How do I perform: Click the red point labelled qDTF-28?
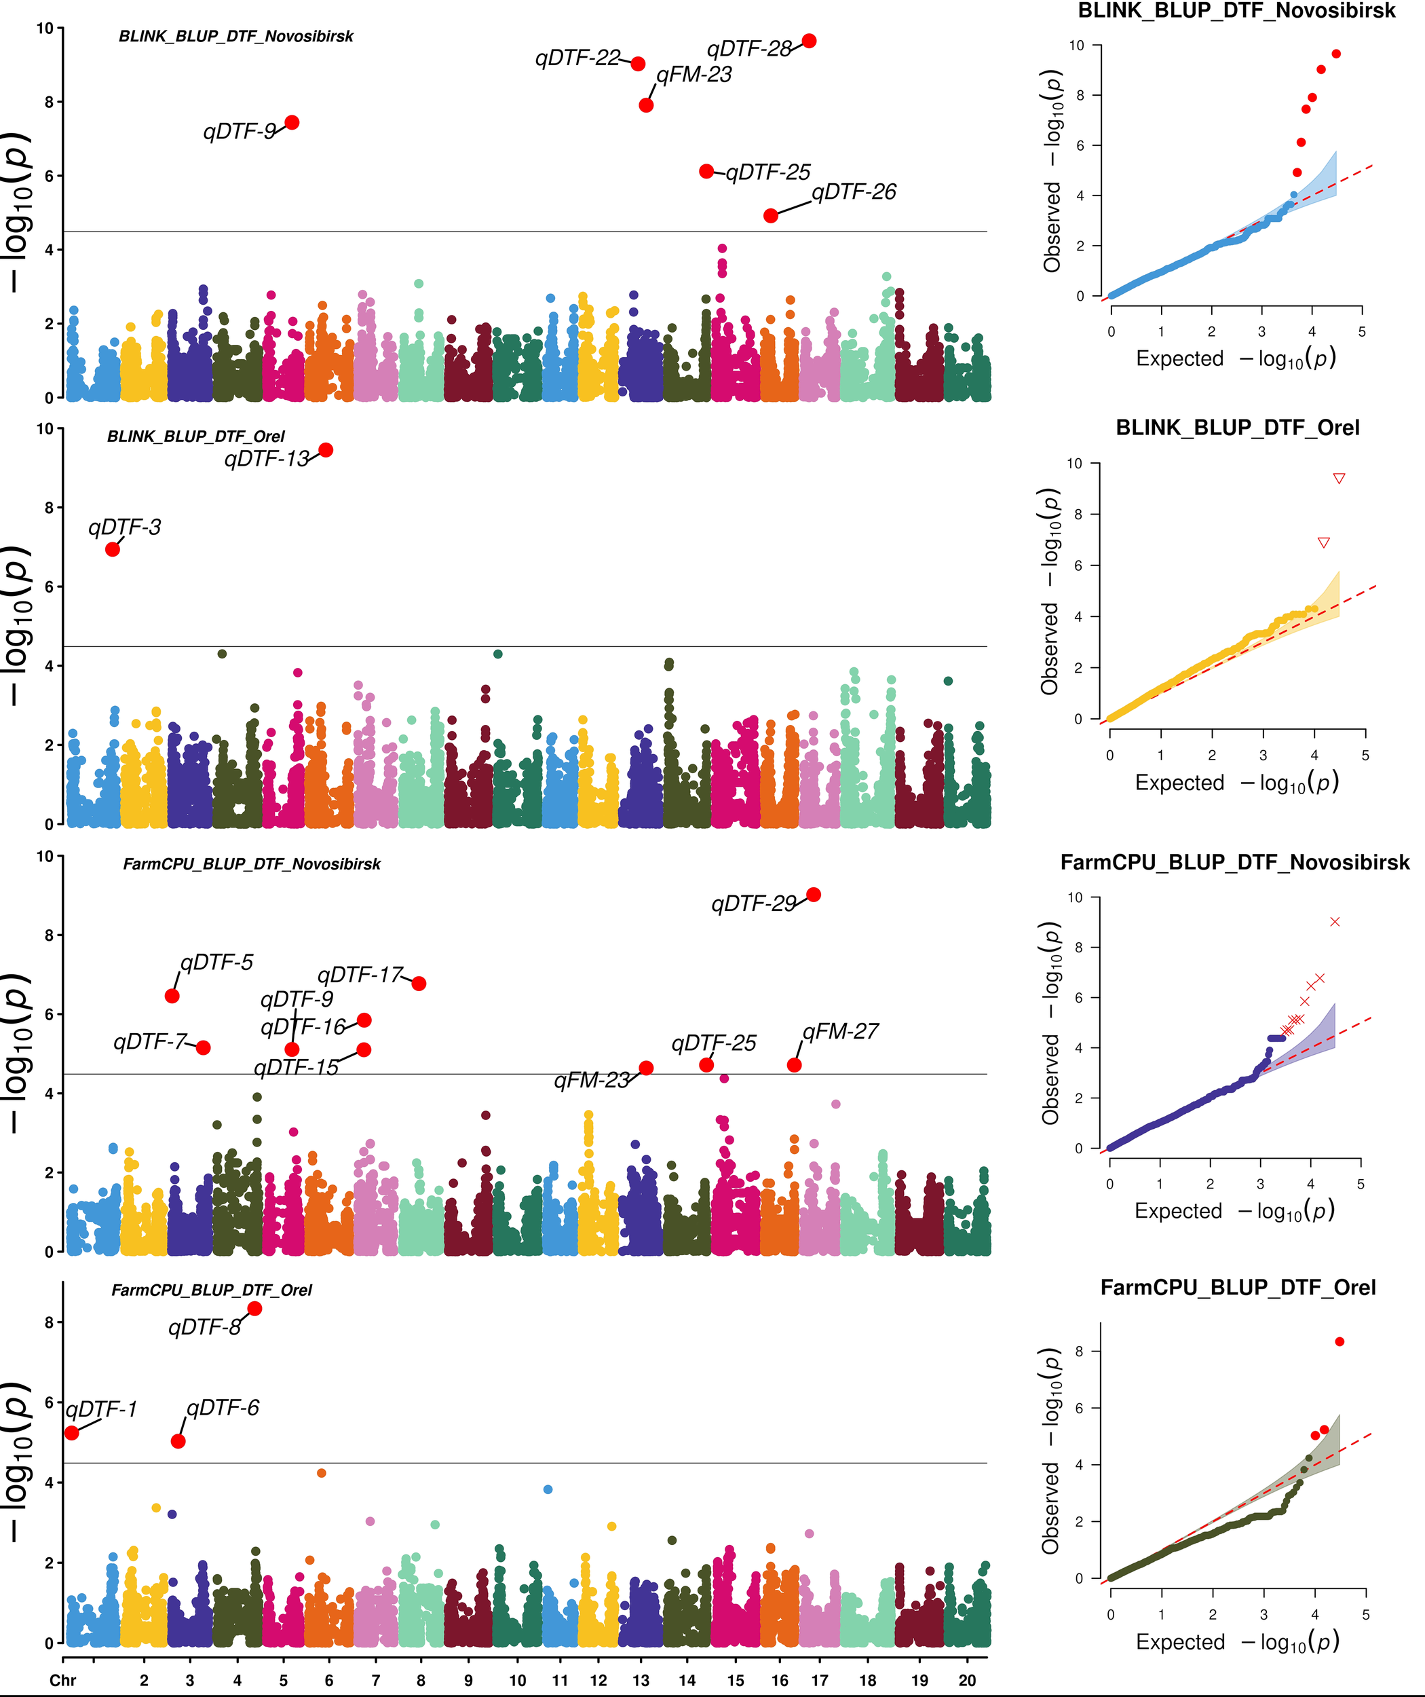(809, 41)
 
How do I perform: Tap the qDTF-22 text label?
(577, 58)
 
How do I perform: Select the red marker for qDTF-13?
(326, 450)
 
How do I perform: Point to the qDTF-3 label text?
(124, 527)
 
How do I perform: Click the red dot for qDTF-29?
(814, 895)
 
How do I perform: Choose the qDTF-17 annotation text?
(360, 975)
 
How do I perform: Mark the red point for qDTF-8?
(254, 1308)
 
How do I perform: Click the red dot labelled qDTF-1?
(72, 1433)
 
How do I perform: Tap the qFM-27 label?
(840, 1031)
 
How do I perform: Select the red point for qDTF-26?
(771, 216)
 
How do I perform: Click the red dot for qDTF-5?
(172, 996)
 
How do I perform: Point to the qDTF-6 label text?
(223, 1408)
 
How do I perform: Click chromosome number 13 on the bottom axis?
(641, 1680)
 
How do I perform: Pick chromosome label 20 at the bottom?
(967, 1680)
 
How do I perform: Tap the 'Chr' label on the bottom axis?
(62, 1680)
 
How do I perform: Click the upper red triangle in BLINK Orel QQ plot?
(1339, 479)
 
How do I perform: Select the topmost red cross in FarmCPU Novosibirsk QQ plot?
(1335, 921)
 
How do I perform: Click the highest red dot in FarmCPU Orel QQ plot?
(1339, 1341)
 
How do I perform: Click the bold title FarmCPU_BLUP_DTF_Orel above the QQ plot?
(1238, 1287)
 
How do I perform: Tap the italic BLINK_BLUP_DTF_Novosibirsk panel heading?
(236, 37)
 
